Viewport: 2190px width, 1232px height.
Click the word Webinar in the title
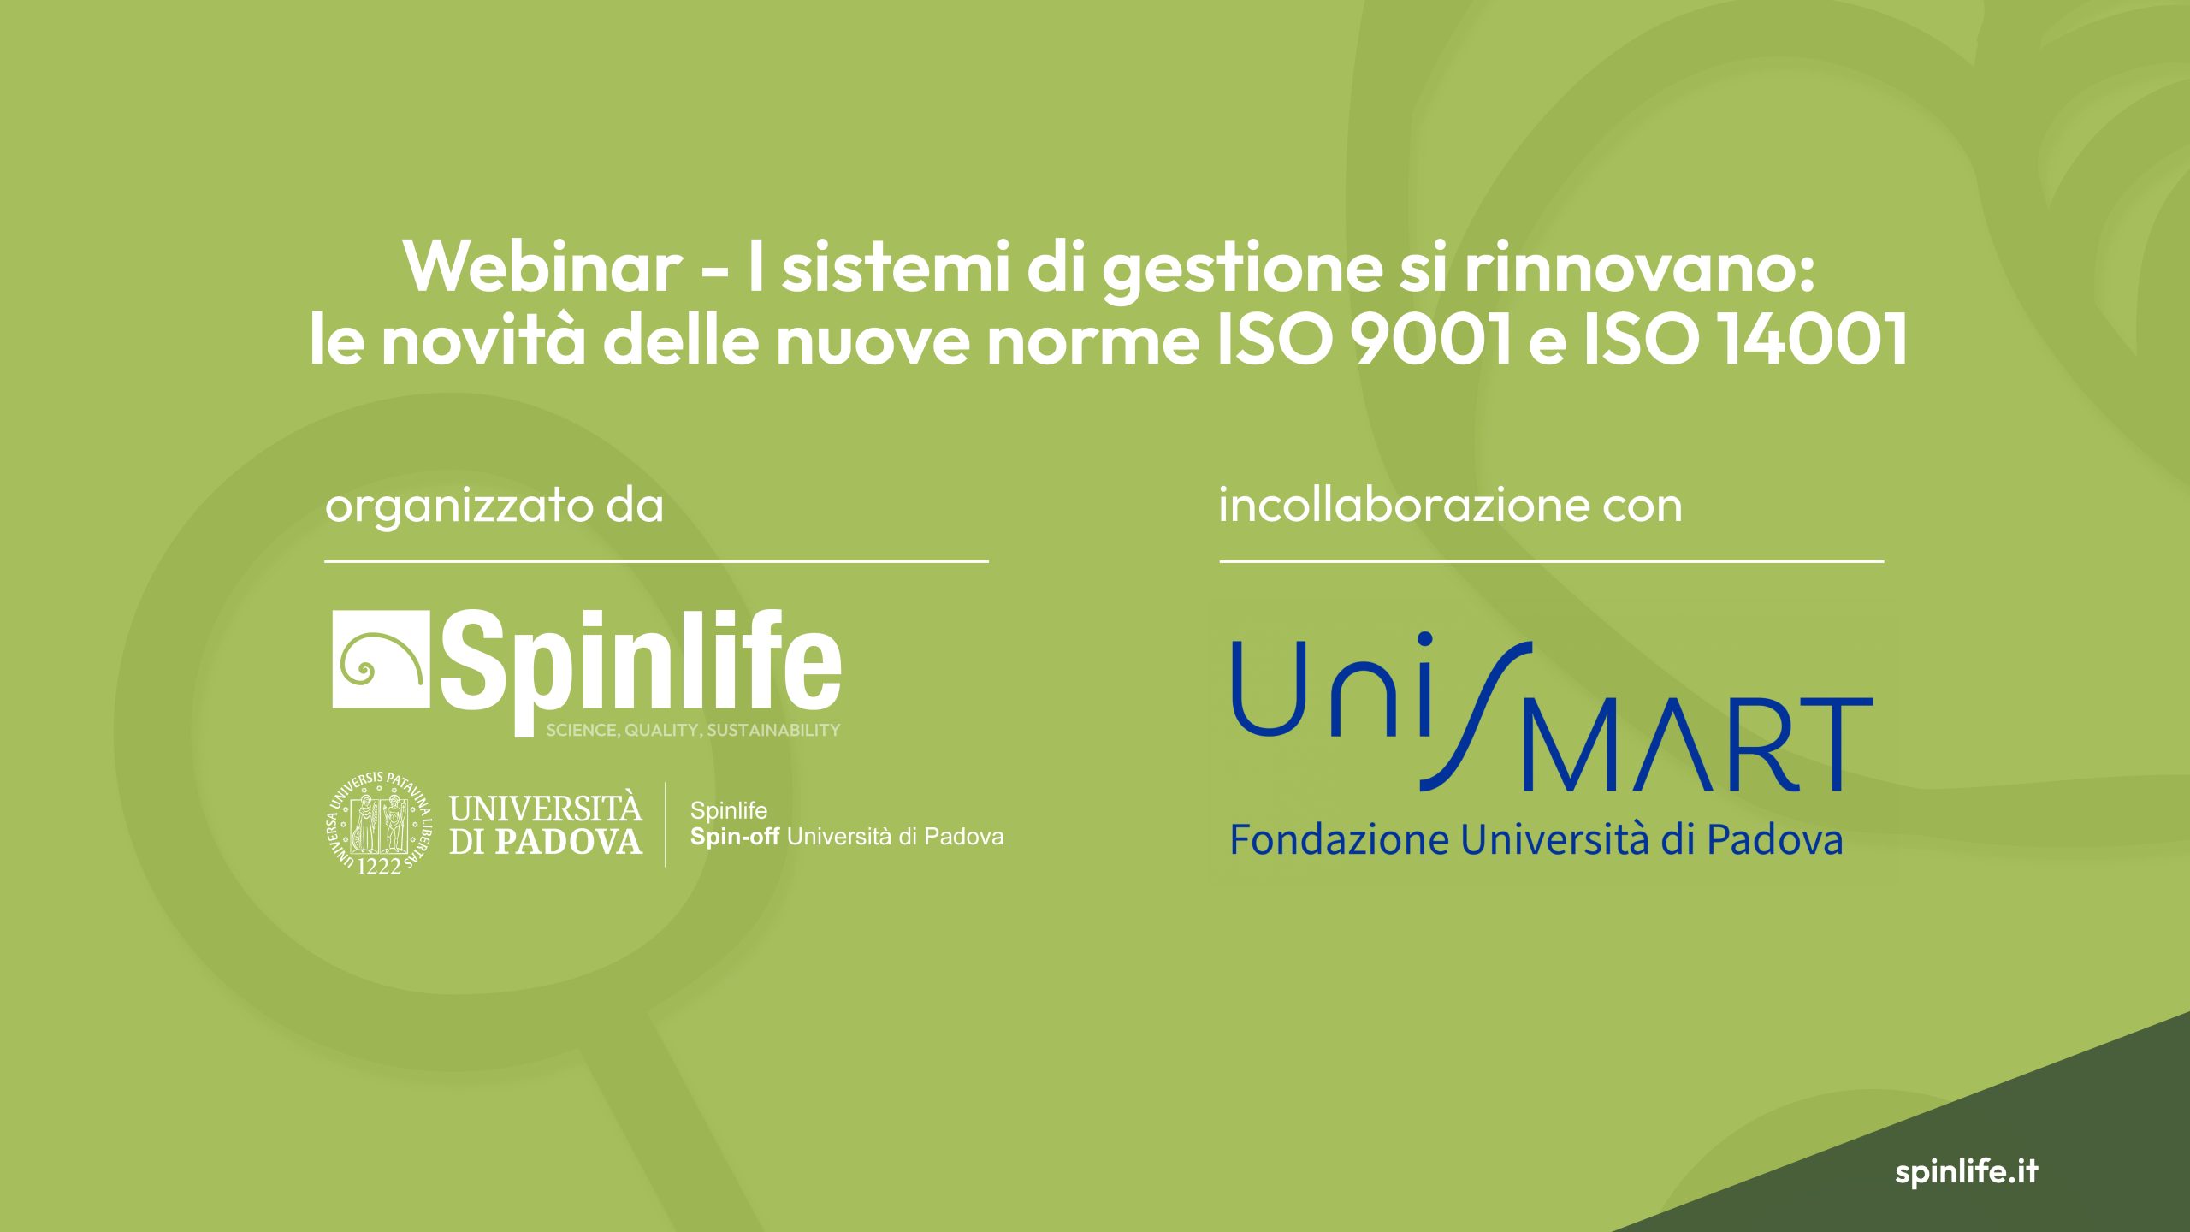tap(542, 266)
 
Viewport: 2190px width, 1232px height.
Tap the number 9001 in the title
tap(1432, 339)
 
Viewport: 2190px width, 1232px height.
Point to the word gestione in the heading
tap(1241, 270)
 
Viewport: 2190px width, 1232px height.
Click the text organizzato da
tap(494, 506)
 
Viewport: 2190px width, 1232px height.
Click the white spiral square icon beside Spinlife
tap(381, 660)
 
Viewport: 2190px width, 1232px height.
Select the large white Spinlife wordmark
tap(641, 672)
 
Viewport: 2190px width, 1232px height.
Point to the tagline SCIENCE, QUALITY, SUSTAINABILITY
tap(693, 730)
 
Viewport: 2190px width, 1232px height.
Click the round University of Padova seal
tap(380, 823)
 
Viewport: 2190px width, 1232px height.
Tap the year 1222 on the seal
tap(379, 866)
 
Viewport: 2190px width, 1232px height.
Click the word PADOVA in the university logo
tap(569, 842)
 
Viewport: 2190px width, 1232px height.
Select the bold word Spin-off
tap(735, 837)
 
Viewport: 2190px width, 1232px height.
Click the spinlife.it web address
tap(1966, 1171)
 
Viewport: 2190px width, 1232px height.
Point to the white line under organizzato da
tap(656, 561)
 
